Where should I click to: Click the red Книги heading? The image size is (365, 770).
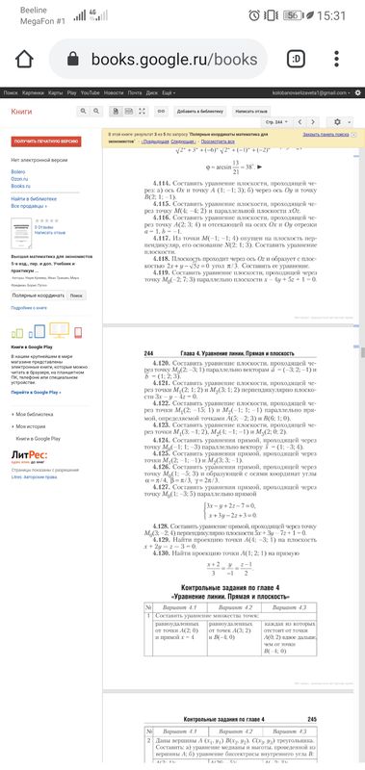[x=21, y=113]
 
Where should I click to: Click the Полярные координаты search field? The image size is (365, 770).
[x=37, y=294]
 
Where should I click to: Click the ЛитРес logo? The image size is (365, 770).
[x=29, y=425]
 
